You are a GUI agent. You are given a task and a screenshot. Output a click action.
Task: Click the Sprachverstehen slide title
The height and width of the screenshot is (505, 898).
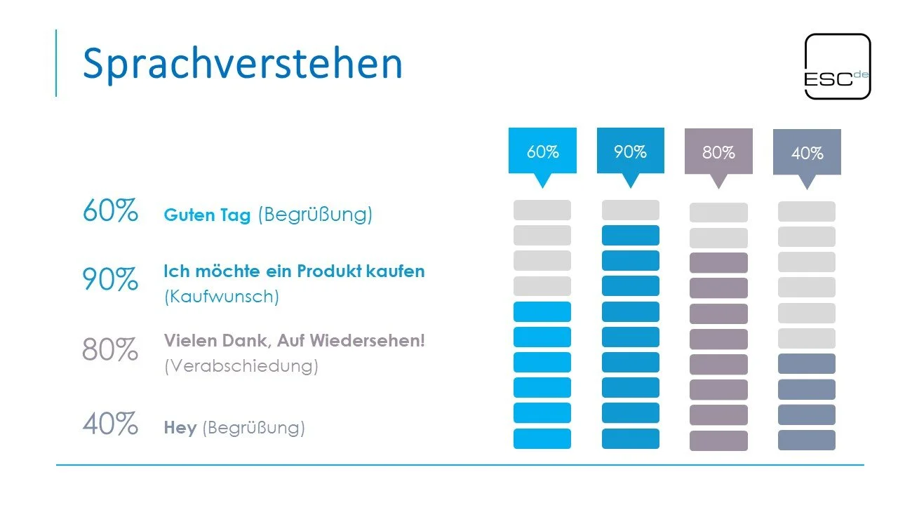(243, 63)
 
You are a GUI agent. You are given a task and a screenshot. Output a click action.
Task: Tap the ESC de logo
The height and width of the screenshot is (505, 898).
(837, 66)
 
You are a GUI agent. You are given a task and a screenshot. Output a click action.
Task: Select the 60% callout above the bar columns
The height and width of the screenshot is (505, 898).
(542, 151)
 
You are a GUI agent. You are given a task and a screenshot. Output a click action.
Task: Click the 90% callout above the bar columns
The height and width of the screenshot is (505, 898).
(630, 151)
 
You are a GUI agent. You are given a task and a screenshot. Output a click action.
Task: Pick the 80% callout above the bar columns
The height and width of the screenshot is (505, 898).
(718, 152)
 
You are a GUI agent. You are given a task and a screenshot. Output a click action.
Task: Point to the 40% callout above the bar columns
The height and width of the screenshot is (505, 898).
(807, 154)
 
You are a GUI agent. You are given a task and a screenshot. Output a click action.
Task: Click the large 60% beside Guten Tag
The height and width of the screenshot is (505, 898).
(109, 210)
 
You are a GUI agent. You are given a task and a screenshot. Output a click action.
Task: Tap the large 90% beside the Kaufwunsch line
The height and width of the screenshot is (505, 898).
(109, 279)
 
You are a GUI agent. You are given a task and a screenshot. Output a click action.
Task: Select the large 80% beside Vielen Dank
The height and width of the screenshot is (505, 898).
(109, 349)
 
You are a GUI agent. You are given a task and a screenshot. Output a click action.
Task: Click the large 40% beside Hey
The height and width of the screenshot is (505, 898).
(109, 424)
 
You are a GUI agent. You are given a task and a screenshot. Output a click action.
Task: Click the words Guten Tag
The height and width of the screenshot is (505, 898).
(207, 215)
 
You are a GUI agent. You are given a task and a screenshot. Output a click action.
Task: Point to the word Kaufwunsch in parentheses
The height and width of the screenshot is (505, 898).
(222, 297)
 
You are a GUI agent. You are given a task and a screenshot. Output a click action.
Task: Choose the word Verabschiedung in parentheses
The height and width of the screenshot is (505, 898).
(241, 366)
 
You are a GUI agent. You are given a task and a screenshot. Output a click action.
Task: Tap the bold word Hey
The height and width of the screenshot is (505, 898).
(180, 428)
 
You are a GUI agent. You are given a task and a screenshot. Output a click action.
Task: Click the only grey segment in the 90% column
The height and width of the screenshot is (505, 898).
(630, 210)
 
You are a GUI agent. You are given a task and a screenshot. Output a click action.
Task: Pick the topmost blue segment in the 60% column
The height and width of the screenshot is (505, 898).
(542, 311)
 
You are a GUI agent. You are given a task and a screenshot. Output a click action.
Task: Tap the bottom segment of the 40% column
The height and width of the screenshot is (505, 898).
(806, 440)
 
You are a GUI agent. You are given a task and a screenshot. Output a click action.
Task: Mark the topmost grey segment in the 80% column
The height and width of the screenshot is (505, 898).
(718, 213)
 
